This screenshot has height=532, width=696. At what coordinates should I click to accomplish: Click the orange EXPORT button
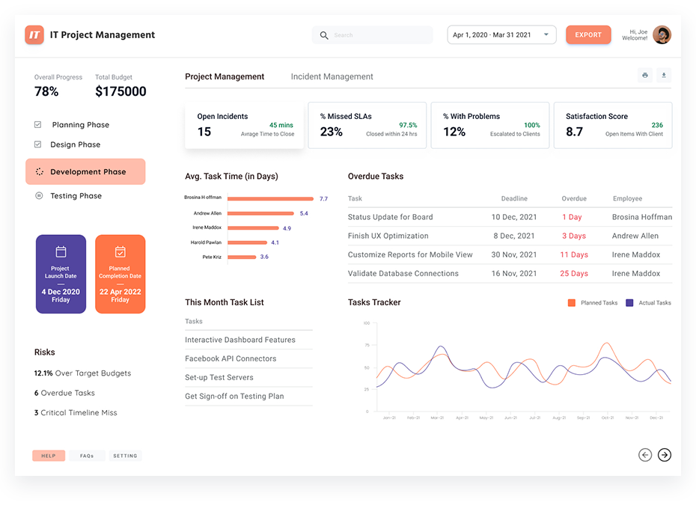coord(588,35)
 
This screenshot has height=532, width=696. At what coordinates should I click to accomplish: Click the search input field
coord(378,35)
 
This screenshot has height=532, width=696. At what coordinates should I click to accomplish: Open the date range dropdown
coord(501,35)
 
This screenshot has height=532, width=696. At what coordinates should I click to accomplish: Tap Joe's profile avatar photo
coord(662,35)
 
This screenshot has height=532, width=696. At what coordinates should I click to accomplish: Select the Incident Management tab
coord(332,76)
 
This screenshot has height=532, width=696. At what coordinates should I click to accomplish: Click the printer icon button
coord(644,75)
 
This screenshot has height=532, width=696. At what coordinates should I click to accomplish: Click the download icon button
coord(664,75)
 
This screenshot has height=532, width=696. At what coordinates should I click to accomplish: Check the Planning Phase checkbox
coord(38,125)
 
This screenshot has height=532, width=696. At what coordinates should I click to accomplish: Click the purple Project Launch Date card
coord(61,274)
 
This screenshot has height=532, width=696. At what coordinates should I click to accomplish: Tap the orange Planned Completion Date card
coord(120,274)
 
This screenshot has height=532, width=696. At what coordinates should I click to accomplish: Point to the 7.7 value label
coord(323,199)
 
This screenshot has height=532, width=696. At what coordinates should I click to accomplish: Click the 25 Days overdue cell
coord(574,274)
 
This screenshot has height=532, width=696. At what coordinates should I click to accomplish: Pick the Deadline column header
coord(514,199)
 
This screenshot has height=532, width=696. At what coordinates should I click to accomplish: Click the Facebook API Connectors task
coord(231,358)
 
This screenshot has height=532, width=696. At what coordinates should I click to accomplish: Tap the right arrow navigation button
coord(664,454)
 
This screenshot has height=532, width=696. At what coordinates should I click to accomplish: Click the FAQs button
coord(87,456)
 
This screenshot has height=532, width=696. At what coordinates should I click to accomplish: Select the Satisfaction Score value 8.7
coord(574,132)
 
